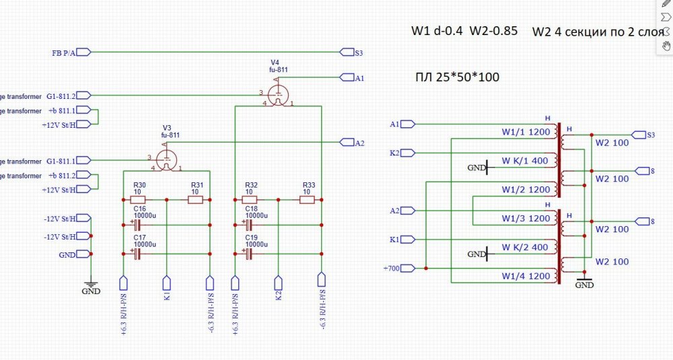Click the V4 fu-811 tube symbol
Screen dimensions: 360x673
tap(276, 95)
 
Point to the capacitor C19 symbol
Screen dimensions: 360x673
tap(248, 253)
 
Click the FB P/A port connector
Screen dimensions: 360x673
tap(83, 52)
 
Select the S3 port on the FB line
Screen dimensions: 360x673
tap(347, 52)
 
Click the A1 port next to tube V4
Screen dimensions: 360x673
tap(347, 78)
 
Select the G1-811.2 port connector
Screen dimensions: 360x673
tap(83, 96)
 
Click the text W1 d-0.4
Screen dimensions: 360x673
tap(436, 31)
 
